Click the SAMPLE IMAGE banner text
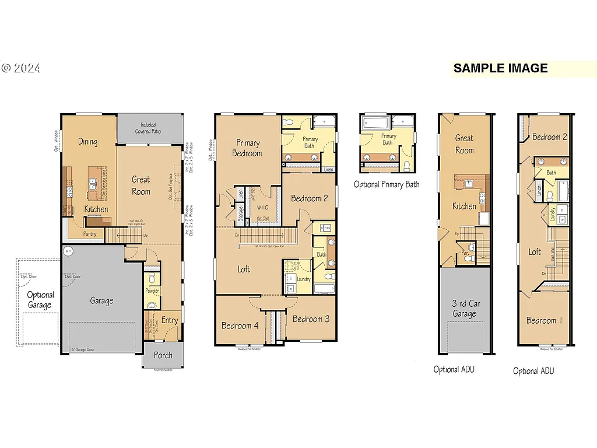500,68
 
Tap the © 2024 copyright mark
21,68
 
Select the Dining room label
88,142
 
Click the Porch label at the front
163,355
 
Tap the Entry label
170,320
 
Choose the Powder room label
152,290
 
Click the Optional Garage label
40,300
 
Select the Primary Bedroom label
248,148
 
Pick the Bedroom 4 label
240,325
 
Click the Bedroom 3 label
311,319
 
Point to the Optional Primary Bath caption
387,184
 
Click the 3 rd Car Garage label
464,309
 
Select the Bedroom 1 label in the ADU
545,320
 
